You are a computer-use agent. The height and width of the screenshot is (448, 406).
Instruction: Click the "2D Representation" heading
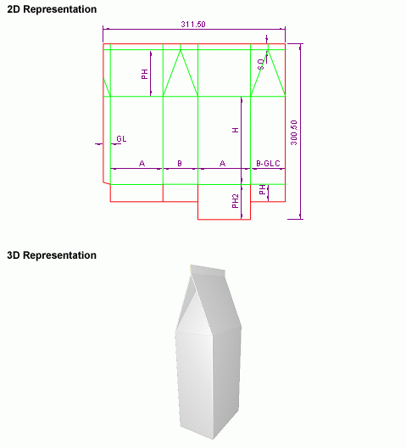[x=52, y=9]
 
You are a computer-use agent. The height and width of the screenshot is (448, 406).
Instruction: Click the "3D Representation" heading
[x=52, y=255]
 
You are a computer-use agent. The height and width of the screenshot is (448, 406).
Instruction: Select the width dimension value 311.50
[x=193, y=25]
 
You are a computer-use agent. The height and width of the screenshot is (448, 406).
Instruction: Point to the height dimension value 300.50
[x=294, y=132]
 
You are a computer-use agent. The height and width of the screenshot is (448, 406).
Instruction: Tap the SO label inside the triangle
[x=261, y=64]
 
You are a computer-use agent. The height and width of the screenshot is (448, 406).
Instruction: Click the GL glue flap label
[x=121, y=139]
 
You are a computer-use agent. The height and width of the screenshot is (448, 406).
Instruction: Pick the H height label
[x=236, y=131]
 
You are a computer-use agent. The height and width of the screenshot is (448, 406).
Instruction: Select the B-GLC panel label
[x=268, y=164]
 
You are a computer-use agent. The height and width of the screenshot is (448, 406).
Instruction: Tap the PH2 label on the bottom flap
[x=236, y=201]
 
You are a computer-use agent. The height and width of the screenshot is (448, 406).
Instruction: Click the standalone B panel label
[x=180, y=164]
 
